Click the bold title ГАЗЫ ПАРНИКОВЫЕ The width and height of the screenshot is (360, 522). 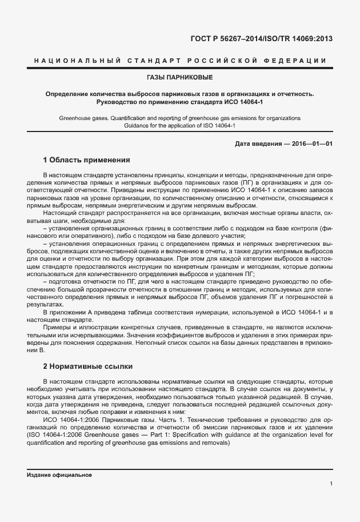[179, 76]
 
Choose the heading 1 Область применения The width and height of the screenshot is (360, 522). [87, 160]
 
